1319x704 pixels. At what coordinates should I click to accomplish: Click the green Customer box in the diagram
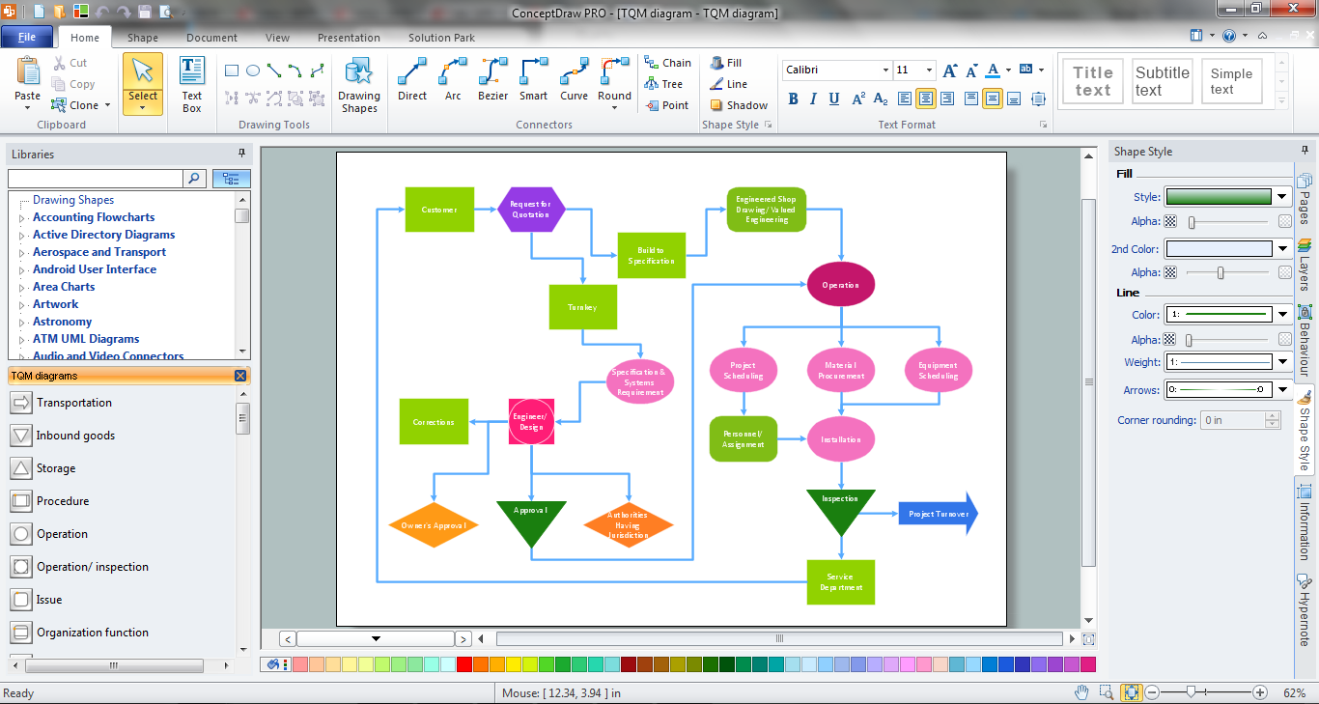(x=439, y=210)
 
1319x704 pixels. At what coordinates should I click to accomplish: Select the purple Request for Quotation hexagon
(x=531, y=210)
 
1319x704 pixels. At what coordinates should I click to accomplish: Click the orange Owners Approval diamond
(x=434, y=525)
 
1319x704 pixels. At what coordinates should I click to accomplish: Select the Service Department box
(x=840, y=581)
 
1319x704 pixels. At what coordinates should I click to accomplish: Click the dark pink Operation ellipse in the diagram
(x=840, y=285)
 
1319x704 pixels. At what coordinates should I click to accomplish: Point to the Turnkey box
(x=582, y=307)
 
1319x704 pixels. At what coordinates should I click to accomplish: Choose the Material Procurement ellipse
(x=840, y=370)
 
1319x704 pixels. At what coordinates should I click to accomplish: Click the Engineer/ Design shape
(x=531, y=422)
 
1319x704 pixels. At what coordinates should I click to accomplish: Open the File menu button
(x=27, y=37)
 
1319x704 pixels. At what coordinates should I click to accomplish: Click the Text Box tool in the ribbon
(x=192, y=85)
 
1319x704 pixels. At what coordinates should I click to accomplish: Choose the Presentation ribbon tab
(x=349, y=38)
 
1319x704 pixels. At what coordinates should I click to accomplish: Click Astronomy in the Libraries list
(x=62, y=322)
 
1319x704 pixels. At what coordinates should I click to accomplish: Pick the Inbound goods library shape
(x=75, y=436)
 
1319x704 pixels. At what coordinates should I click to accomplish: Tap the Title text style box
(x=1093, y=81)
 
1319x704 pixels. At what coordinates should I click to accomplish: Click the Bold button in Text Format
(x=793, y=99)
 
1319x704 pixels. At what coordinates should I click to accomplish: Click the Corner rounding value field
(x=1232, y=420)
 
